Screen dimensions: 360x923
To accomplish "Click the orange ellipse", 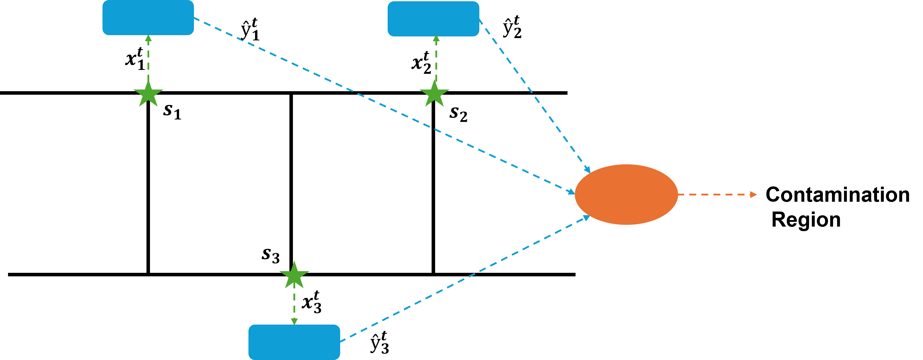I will (x=626, y=194).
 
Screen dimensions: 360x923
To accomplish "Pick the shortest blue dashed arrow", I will (x=534, y=95).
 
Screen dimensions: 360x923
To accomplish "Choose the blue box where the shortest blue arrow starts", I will (x=433, y=19).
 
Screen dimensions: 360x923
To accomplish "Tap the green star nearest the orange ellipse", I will (x=434, y=94).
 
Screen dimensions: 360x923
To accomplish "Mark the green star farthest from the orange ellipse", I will (x=148, y=94).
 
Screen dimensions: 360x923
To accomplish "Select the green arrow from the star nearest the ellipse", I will (x=436, y=59).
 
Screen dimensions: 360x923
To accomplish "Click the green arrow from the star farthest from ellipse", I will (x=148, y=59).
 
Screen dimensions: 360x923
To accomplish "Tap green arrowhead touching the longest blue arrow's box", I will (x=148, y=38).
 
